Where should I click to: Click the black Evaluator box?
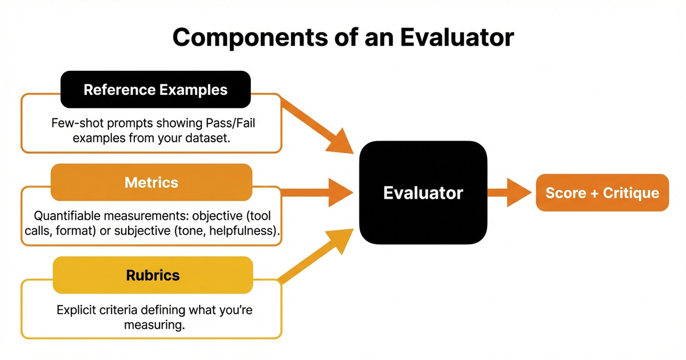tap(422, 193)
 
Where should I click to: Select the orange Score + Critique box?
tap(602, 193)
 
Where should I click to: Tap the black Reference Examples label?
tap(155, 90)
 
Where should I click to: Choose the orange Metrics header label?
tap(151, 182)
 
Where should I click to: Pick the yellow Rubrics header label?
tap(153, 275)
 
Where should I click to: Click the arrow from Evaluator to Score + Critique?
tap(509, 193)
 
